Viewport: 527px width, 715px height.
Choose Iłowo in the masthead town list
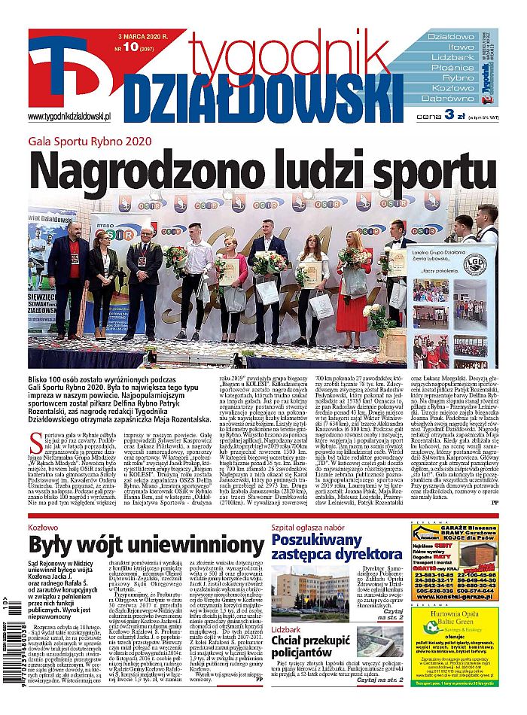[x=448, y=47]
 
